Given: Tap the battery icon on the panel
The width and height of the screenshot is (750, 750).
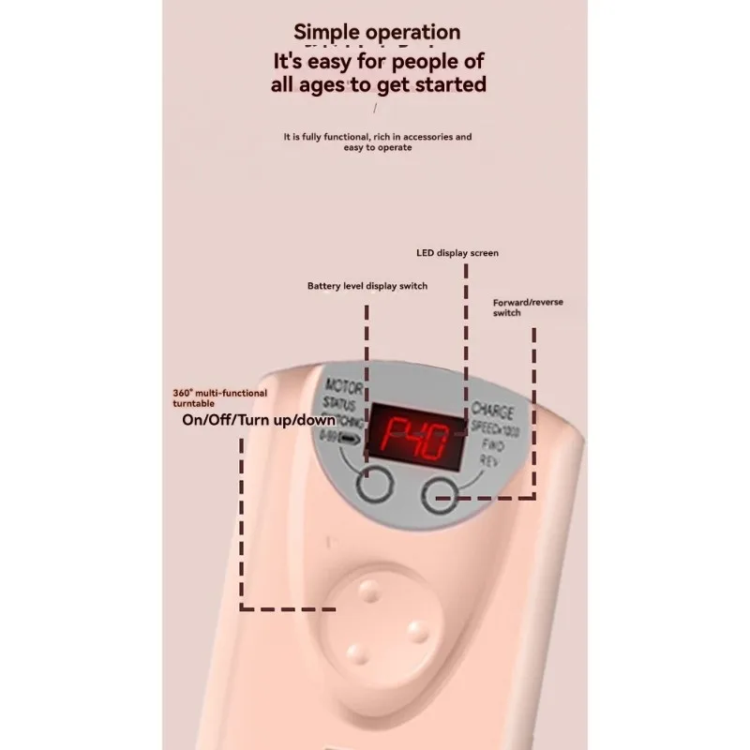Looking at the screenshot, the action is [x=351, y=438].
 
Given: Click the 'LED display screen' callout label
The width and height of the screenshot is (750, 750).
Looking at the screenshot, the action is [x=457, y=253].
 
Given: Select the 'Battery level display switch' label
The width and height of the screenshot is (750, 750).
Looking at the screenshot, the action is [x=367, y=286].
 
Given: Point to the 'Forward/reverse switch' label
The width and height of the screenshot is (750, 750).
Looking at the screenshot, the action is [x=528, y=307].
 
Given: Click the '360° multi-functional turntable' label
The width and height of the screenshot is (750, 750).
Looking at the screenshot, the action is [x=219, y=397].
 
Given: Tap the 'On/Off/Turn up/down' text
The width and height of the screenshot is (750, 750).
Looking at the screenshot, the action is [x=257, y=419].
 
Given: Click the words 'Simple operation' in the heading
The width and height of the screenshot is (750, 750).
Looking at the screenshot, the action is [x=377, y=33].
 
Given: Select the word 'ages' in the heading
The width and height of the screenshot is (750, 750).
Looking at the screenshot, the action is [x=352, y=84].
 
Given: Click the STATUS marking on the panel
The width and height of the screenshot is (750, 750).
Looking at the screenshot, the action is [x=340, y=405].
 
